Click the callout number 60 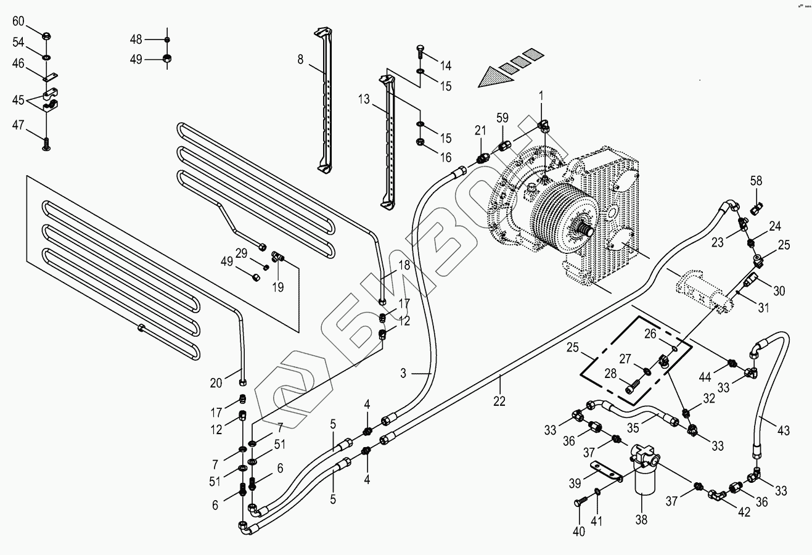(x=18, y=22)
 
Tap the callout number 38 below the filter (x=642, y=520)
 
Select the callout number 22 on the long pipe (x=499, y=401)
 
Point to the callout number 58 (x=756, y=181)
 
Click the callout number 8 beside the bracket (x=300, y=59)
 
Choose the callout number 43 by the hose (x=783, y=430)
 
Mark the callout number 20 (x=216, y=383)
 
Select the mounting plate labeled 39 (x=605, y=471)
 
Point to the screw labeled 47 (x=46, y=144)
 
